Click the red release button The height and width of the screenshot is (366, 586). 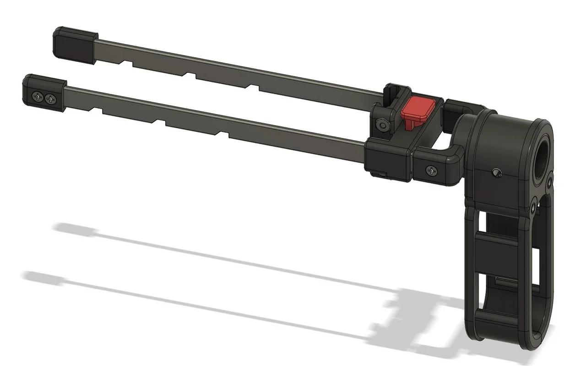pyautogui.click(x=418, y=109)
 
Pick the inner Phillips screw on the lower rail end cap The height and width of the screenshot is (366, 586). pyautogui.click(x=51, y=98)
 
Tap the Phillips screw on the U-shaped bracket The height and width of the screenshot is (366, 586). pyautogui.click(x=431, y=171)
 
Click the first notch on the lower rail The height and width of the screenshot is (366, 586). pyautogui.click(x=97, y=109)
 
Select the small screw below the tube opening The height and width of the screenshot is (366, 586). pyautogui.click(x=533, y=207)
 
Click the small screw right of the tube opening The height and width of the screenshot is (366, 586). pyautogui.click(x=549, y=180)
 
